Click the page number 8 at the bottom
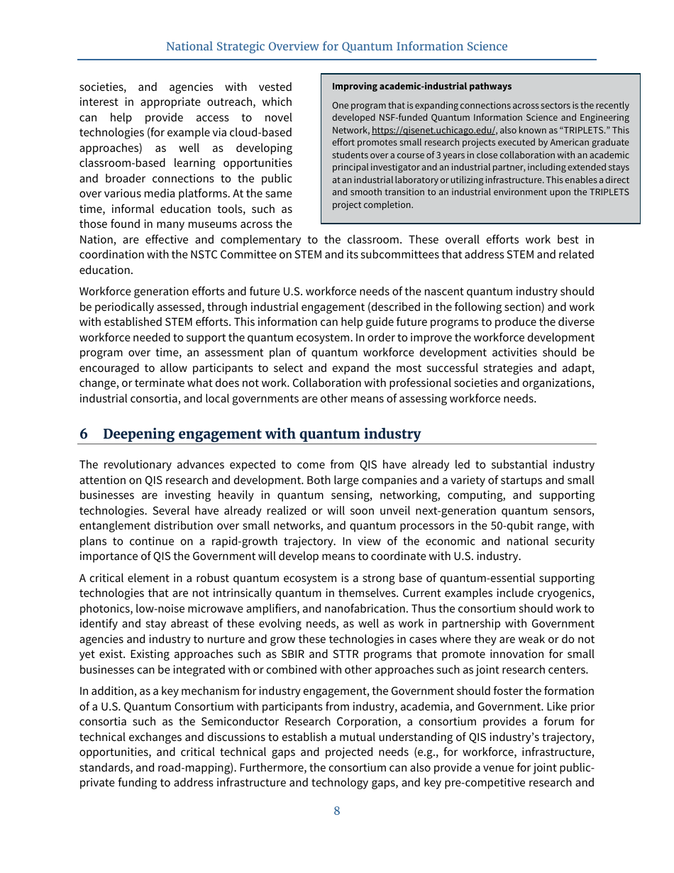pyautogui.click(x=337, y=811)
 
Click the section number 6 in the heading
pyautogui.click(x=84, y=434)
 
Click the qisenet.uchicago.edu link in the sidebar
pyautogui.click(x=433, y=131)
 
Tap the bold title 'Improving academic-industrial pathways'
pyautogui.click(x=421, y=87)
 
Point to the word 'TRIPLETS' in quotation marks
pyautogui.click(x=585, y=131)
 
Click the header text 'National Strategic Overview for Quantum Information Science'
pyautogui.click(x=337, y=47)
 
